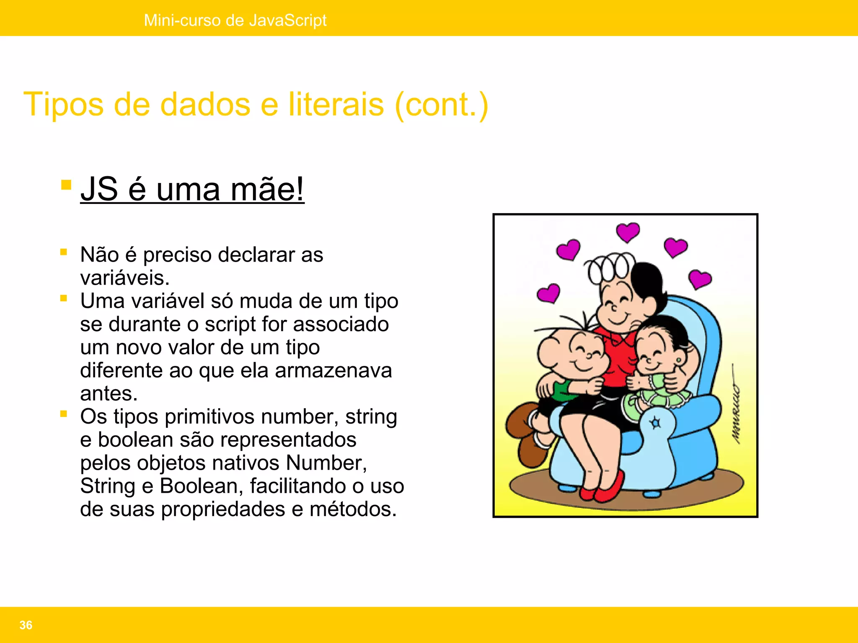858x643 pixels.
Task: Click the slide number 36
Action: click(x=26, y=625)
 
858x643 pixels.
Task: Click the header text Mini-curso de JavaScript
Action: click(x=235, y=20)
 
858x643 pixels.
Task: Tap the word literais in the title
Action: click(x=336, y=104)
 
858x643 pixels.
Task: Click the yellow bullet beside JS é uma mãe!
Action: click(x=66, y=185)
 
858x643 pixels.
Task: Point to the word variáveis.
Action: click(x=125, y=278)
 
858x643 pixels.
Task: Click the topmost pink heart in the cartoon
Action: click(x=628, y=232)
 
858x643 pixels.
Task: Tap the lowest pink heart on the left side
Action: click(x=548, y=293)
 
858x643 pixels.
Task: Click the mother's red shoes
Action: click(x=603, y=488)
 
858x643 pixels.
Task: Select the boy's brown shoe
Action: click(x=522, y=423)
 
